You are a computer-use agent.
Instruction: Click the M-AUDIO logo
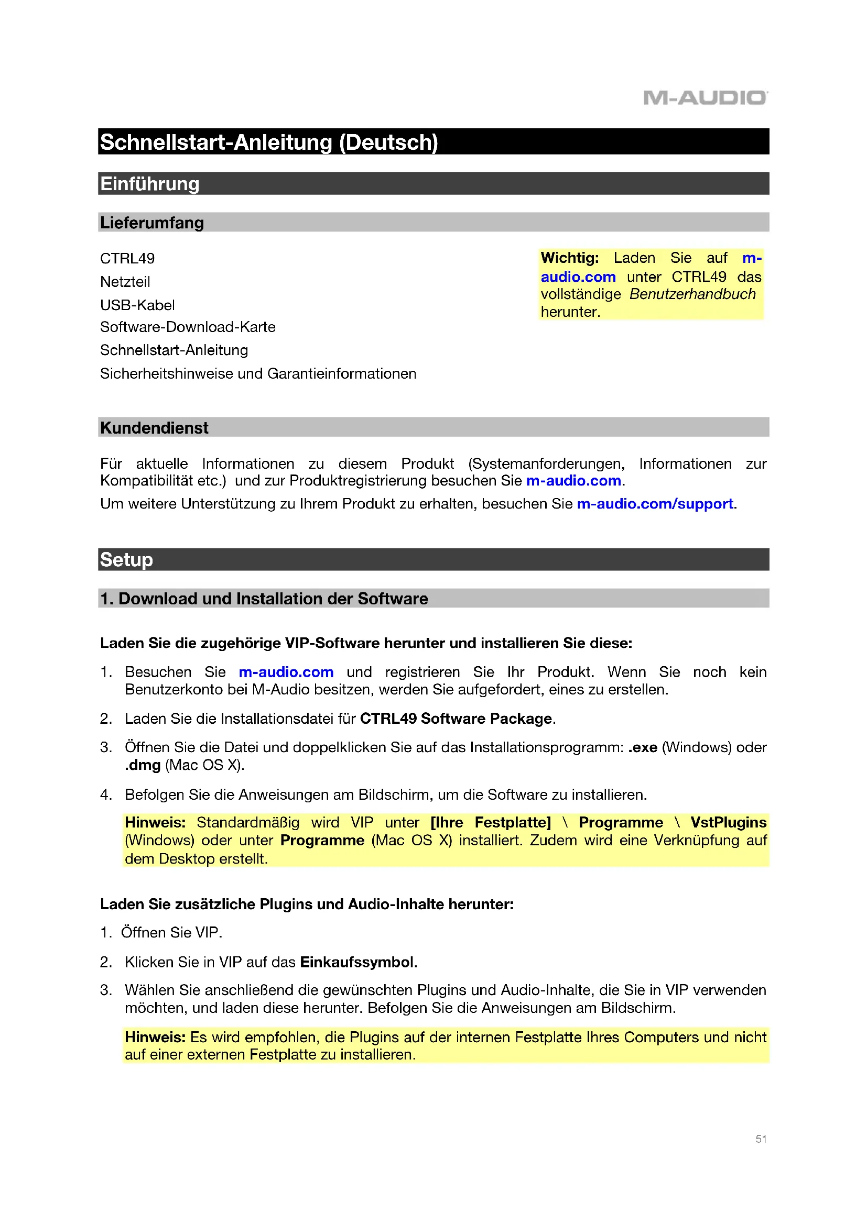coord(705,97)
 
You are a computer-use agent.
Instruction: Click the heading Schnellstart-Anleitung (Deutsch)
coord(268,142)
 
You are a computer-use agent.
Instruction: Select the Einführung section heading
coord(149,184)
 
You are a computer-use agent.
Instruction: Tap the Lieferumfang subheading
coord(151,223)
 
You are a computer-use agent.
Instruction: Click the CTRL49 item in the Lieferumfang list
coord(127,259)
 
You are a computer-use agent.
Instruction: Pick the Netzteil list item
coord(125,282)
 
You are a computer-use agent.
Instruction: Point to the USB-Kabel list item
coord(137,305)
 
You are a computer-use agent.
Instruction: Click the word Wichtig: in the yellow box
coord(569,258)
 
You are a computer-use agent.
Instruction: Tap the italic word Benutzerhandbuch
coord(692,294)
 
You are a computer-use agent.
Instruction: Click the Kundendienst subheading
coord(154,428)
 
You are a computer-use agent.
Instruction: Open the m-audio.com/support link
coord(655,504)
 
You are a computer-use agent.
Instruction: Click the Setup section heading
coord(126,560)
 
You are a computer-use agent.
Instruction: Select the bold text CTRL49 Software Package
coord(456,719)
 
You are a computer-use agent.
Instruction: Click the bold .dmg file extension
coord(143,765)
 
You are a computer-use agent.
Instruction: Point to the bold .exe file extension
coord(642,747)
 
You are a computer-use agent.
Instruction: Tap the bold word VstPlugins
coord(728,822)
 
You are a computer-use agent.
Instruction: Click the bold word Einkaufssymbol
coord(356,962)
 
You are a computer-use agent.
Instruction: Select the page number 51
coord(761,1139)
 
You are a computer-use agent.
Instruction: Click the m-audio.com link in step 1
coord(286,672)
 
